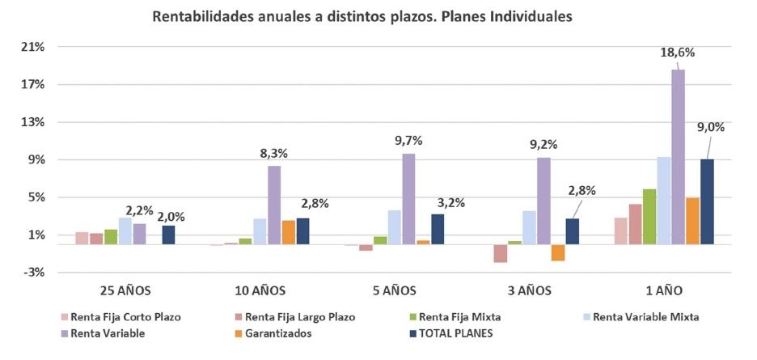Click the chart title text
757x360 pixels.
[362, 17]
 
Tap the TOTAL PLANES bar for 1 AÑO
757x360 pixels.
[707, 201]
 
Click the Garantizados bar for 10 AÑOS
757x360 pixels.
[289, 232]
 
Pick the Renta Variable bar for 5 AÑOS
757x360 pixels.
[408, 199]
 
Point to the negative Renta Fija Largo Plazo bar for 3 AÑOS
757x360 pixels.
[501, 253]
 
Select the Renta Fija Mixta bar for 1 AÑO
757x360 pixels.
[649, 217]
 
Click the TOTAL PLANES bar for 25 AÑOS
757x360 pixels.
[168, 235]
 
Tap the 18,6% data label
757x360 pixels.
[678, 53]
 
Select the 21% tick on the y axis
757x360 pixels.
[33, 47]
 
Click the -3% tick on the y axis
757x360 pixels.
[33, 273]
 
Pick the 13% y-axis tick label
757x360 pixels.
[33, 122]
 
